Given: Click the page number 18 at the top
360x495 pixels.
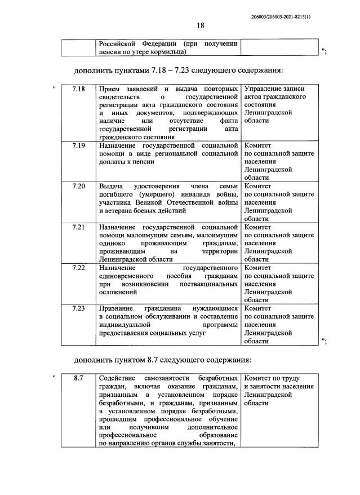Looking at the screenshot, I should coord(201,25).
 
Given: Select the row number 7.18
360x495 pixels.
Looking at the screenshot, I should coord(79,90).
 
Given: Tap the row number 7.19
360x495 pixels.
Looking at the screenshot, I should coord(79,145).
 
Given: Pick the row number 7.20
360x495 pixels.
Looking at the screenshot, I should coord(79,185).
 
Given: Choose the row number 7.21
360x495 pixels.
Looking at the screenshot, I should coord(79,227).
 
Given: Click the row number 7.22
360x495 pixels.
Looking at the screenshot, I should coord(79,268).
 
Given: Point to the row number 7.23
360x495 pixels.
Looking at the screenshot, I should coord(79,308).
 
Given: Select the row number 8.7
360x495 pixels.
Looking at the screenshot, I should coord(79,378).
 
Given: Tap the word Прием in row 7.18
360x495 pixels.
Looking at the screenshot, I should coord(110,90).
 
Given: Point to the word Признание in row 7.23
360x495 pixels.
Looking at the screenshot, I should coord(116,308).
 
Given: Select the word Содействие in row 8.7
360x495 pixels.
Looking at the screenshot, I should coord(119,378).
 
